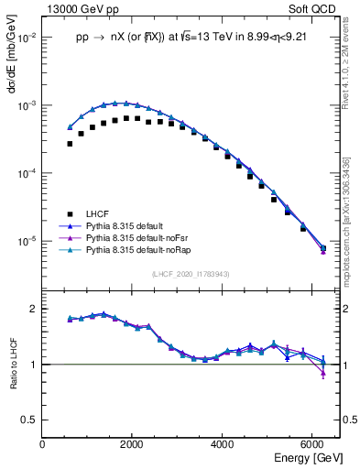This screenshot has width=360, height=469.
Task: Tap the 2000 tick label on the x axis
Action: tap(132, 444)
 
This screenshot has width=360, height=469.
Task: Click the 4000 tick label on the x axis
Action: tap(222, 444)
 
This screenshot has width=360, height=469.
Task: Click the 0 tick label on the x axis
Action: tap(42, 444)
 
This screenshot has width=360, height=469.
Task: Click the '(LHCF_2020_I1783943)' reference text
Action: tap(190, 274)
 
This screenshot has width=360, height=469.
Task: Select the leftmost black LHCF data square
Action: tap(70, 144)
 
